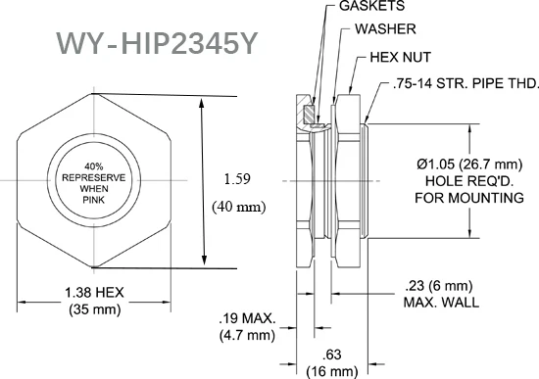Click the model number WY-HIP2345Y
(x=157, y=43)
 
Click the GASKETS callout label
(x=372, y=6)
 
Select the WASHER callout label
(x=385, y=28)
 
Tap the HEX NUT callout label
(x=401, y=57)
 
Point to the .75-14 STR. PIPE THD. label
(x=465, y=83)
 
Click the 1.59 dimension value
(x=237, y=179)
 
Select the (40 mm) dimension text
(x=239, y=207)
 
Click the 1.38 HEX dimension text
(x=94, y=293)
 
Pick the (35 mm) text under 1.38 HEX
(x=95, y=309)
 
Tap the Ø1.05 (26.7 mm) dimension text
(x=469, y=165)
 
